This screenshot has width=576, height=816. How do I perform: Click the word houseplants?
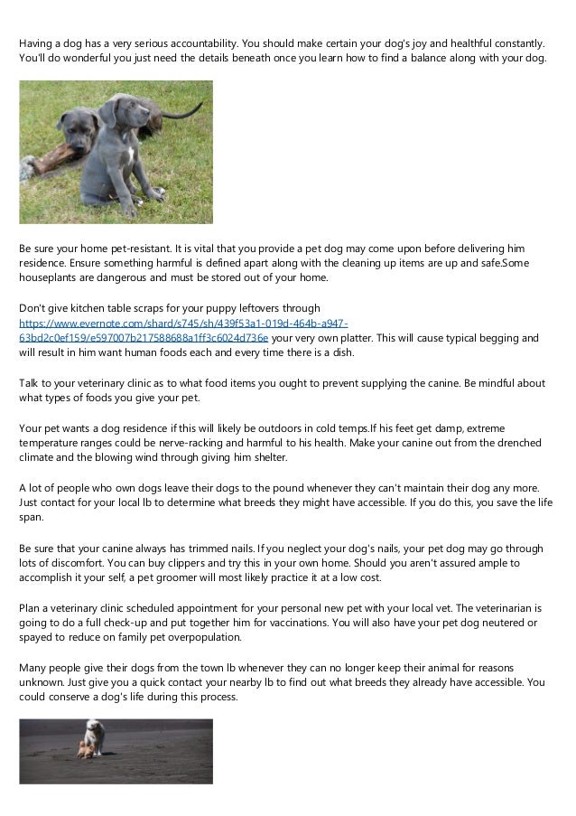pos(51,277)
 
